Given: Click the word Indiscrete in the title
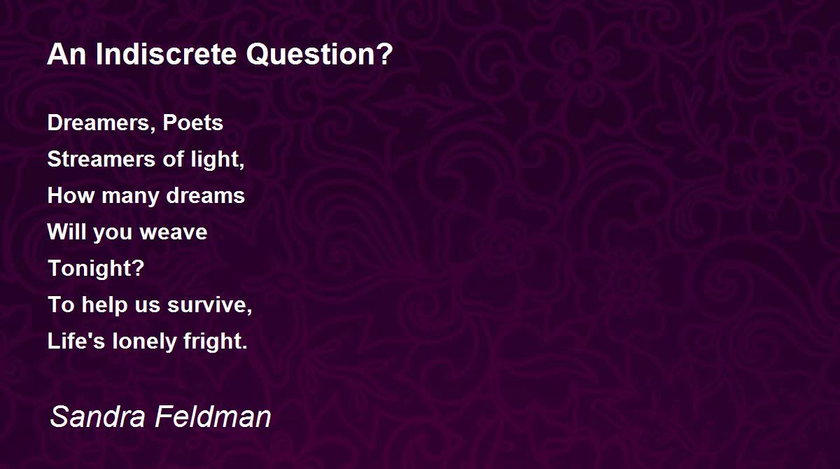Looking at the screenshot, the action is (x=166, y=54).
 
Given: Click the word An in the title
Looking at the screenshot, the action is (x=66, y=55).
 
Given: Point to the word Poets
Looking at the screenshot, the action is (x=192, y=122).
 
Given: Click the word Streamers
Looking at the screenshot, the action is (x=101, y=159).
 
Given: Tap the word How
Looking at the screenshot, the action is (x=71, y=195).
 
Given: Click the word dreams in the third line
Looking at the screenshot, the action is (x=206, y=195).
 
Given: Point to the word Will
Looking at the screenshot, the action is (x=66, y=231).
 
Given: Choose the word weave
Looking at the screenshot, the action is (x=174, y=232).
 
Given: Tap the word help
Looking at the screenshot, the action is (x=104, y=305).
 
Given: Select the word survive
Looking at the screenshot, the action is (x=209, y=304).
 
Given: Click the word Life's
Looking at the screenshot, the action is (x=76, y=341).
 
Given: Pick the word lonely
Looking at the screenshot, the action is (x=144, y=342).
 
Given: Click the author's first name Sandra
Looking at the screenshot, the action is (x=97, y=416).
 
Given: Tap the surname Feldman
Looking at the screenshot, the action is (x=213, y=416).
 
